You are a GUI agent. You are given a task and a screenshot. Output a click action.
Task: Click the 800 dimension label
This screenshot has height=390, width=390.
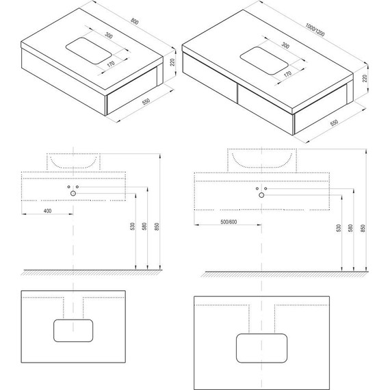click(134, 22)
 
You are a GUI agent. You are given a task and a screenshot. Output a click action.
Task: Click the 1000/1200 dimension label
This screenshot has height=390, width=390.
click(315, 29)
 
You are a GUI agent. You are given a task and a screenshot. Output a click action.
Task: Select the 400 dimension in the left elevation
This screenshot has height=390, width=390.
click(47, 211)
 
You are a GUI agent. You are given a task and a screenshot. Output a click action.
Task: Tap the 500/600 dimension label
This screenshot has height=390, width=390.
click(229, 222)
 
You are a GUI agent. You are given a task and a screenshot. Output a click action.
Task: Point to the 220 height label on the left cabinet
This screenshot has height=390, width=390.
click(172, 62)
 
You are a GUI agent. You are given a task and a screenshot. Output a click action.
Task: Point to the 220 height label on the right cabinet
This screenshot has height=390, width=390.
click(365, 79)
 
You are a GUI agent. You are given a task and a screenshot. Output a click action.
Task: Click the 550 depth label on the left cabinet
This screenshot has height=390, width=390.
click(146, 101)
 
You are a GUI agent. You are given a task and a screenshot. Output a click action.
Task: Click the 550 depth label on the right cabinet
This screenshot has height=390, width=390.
click(335, 122)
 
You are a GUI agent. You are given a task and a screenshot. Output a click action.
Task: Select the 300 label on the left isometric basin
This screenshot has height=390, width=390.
click(108, 36)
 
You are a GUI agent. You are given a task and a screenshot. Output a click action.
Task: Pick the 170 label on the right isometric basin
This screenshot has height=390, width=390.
click(287, 74)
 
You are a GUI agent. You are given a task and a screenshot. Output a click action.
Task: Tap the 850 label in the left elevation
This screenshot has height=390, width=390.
click(157, 226)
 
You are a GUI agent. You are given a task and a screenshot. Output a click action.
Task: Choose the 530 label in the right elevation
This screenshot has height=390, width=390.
click(339, 228)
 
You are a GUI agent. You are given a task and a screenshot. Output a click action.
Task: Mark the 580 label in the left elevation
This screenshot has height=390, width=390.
click(144, 226)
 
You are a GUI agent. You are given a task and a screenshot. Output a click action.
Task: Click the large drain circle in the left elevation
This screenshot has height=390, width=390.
click(73, 193)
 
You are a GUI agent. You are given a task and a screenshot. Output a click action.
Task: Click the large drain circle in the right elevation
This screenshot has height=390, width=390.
click(261, 195)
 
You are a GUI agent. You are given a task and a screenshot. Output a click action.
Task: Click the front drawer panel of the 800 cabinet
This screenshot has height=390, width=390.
click(131, 91)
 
